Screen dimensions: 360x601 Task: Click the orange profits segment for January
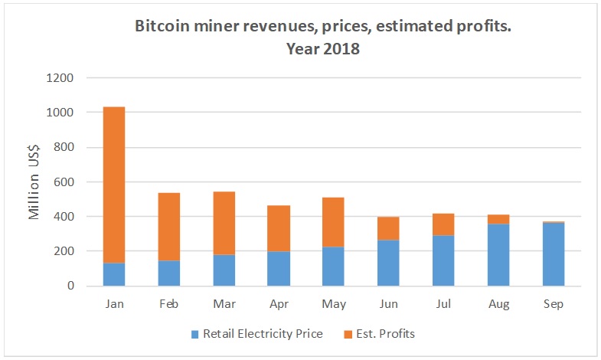tap(114, 185)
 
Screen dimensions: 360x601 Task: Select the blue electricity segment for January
tap(114, 274)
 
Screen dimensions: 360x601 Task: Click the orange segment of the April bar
tap(279, 228)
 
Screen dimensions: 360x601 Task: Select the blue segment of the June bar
tap(388, 263)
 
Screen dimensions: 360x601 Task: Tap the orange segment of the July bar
tap(443, 224)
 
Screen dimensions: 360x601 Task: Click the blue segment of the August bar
tap(498, 255)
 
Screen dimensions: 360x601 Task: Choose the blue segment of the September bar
tap(553, 254)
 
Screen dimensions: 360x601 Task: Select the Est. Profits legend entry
tap(379, 333)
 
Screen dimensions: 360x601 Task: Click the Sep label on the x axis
tap(553, 304)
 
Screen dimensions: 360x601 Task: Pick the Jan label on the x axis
tap(114, 304)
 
